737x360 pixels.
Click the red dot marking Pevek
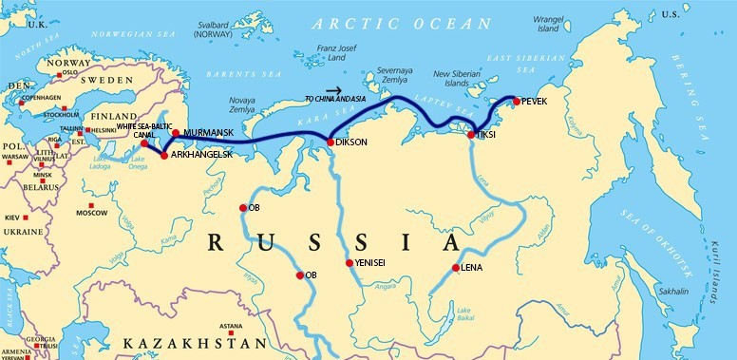[x=516, y=101]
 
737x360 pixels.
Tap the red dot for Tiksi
[x=471, y=134]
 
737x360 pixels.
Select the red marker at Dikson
[x=330, y=142]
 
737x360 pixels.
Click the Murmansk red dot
[x=176, y=133]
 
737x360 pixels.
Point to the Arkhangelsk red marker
[x=164, y=154]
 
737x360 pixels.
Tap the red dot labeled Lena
[x=457, y=268]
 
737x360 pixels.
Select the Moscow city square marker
[x=91, y=205]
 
